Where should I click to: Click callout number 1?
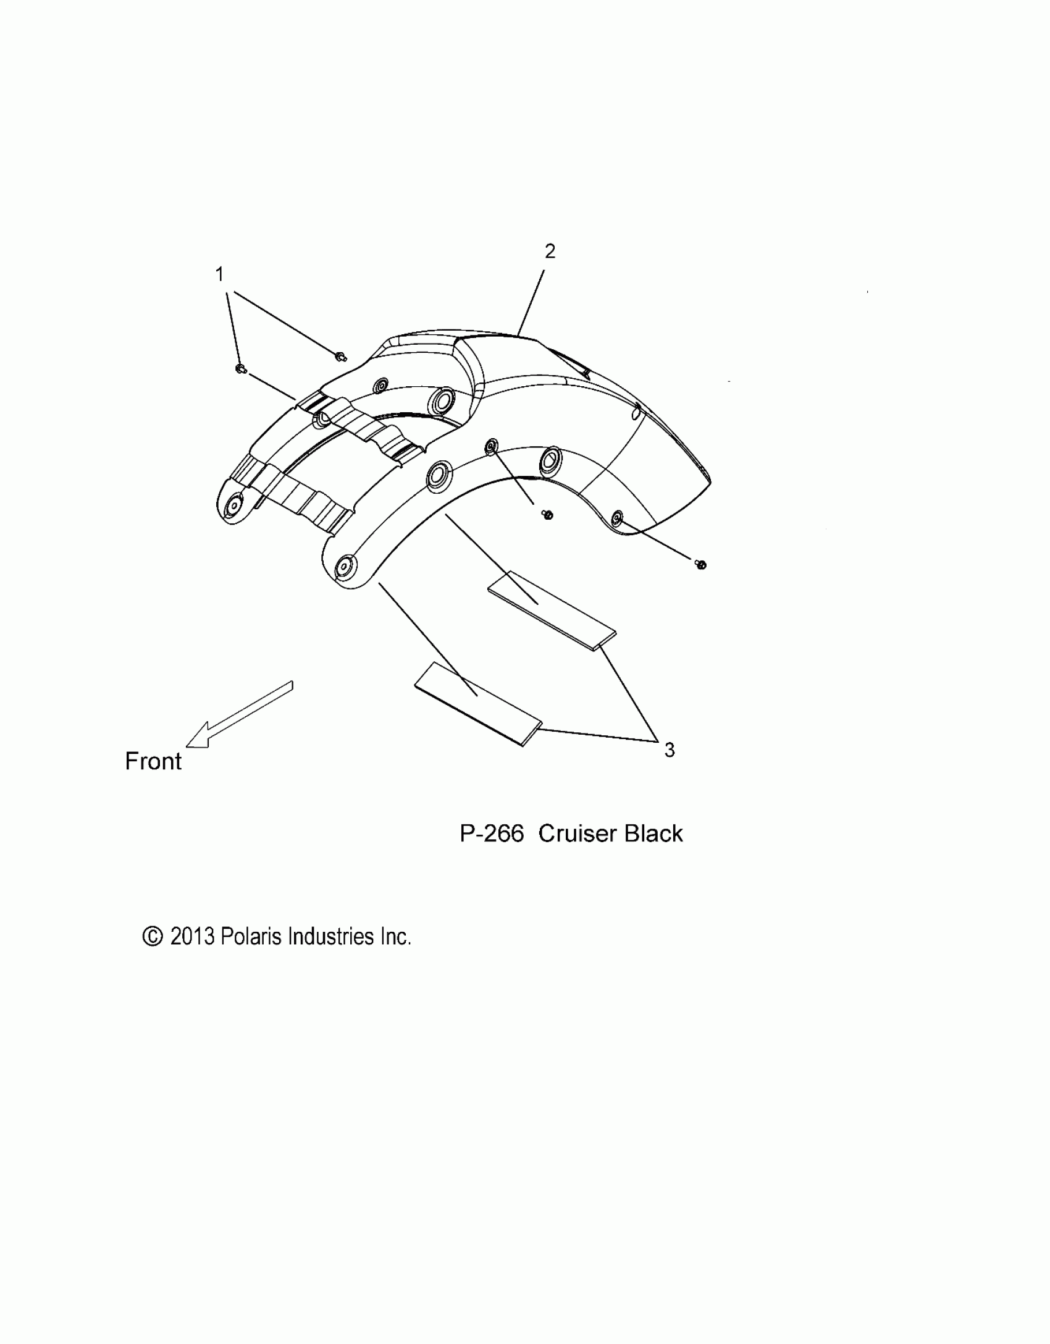(219, 274)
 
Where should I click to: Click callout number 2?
(550, 251)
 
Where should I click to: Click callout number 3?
(670, 750)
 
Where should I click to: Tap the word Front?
(153, 761)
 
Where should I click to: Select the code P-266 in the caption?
(492, 834)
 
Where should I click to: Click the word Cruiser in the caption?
(578, 834)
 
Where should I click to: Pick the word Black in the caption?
(653, 834)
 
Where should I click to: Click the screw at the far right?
(700, 564)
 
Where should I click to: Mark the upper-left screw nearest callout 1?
(241, 369)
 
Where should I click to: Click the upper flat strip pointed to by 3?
(552, 609)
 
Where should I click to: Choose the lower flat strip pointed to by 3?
(477, 704)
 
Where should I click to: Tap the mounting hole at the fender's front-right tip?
(343, 566)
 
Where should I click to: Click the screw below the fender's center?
(547, 514)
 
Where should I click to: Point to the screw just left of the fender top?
(340, 356)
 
